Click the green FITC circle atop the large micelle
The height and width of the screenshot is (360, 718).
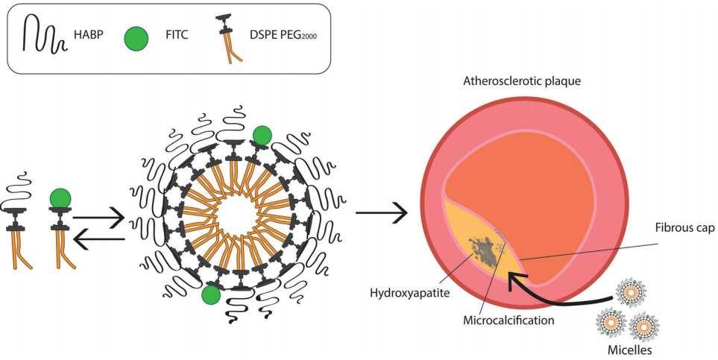(x=262, y=135)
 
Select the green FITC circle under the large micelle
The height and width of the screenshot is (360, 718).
(x=212, y=296)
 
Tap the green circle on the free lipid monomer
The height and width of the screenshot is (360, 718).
(x=60, y=198)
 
